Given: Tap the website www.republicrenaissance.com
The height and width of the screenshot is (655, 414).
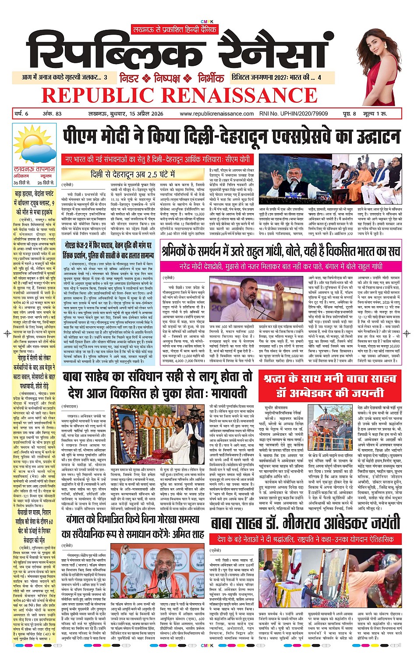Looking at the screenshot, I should (x=217, y=114).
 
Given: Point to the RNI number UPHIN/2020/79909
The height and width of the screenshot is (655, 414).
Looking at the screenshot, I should (x=294, y=114).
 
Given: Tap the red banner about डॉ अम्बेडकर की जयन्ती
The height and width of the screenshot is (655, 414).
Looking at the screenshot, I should (x=330, y=386).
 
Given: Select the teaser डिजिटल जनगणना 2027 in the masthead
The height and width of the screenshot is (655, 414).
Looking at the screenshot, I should (x=277, y=78).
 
